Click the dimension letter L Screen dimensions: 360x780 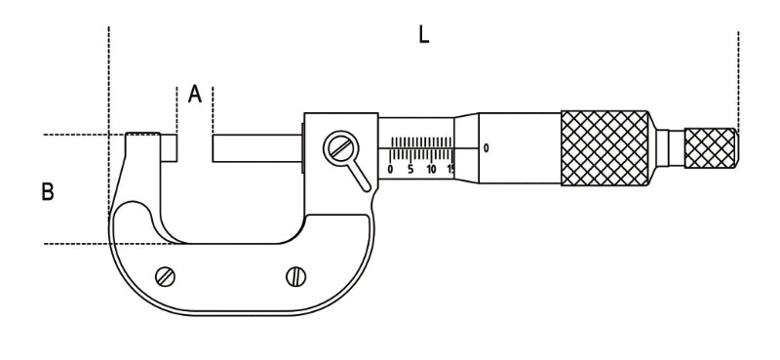coord(423,35)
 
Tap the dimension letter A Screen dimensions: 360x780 coord(195,95)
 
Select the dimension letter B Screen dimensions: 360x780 coord(47,192)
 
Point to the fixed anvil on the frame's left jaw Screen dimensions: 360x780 coord(169,147)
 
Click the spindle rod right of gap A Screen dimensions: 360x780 coord(256,149)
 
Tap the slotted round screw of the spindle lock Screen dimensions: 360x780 coord(339,148)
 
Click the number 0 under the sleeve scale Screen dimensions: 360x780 coord(390,169)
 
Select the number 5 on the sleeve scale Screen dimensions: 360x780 coord(410,169)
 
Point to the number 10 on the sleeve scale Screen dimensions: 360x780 coord(431,169)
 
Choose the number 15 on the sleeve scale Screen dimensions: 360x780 coord(450,169)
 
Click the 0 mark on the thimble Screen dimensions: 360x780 coord(486,148)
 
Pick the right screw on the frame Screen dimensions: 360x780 coord(295,276)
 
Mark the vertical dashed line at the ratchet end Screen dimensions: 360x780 coord(738,78)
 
